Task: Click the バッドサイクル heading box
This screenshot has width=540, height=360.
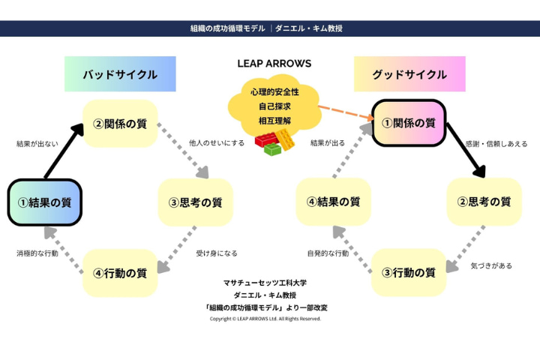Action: point(120,74)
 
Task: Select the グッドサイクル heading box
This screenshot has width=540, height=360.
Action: point(409,74)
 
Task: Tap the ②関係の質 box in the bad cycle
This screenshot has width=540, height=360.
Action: point(120,123)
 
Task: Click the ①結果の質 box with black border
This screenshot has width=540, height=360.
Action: point(44,202)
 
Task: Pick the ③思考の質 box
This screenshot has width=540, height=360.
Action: point(195,202)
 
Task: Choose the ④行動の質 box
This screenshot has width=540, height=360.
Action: point(120,272)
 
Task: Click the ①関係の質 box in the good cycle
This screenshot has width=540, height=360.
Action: point(409,123)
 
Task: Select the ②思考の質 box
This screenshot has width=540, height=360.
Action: point(484,202)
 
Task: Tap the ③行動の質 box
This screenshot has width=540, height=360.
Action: point(409,272)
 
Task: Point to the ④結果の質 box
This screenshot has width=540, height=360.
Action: point(334,202)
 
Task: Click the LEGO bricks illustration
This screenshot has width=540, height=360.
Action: point(275,142)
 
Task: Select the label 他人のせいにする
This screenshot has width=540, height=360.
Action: point(217,142)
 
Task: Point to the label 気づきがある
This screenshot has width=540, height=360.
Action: point(491,265)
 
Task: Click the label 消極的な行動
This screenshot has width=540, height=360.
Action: point(37,253)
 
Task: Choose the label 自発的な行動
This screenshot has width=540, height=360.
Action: point(327,253)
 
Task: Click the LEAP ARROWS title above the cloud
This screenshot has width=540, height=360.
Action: point(274,64)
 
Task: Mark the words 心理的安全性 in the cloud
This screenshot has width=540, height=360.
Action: point(274,92)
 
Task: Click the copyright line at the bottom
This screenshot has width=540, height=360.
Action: point(265,319)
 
